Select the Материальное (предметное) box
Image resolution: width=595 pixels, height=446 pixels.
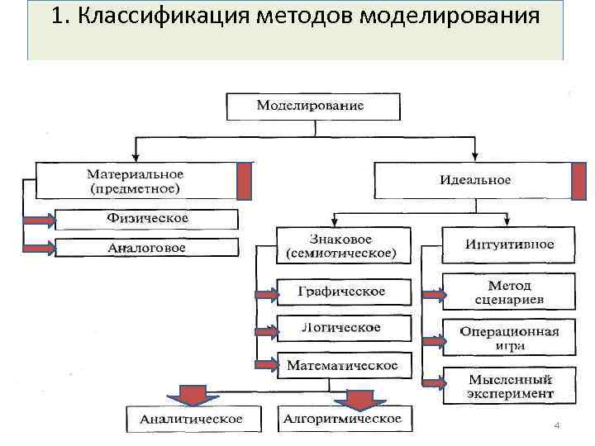coord(136,181)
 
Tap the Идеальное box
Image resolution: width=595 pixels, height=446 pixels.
coord(474,180)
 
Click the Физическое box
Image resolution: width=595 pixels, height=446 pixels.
coord(147,219)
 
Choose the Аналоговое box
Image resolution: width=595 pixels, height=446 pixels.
coord(147,248)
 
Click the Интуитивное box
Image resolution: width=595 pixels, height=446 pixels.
coord(509,244)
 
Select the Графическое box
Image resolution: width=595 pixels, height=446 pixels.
coord(341,292)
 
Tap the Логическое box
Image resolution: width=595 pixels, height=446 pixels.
coord(341,328)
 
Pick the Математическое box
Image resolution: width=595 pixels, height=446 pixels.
coord(341,364)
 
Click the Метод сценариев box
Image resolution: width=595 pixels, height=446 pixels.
coord(509,292)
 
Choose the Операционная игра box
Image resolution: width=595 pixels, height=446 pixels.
coord(509,338)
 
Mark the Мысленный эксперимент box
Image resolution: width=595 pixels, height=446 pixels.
coord(509,385)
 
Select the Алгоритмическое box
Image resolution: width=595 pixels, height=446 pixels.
coord(342,419)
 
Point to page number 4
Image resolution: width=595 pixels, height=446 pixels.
coord(557,425)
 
